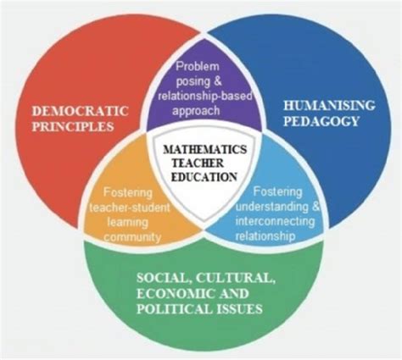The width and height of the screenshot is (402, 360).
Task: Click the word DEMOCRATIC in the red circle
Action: click(81, 111)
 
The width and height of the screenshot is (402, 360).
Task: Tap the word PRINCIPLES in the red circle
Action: click(73, 126)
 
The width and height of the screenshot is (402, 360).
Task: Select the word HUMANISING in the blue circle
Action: click(329, 106)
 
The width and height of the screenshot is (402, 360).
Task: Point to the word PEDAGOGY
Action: click(321, 121)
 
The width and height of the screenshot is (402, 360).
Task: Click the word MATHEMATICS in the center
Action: click(205, 149)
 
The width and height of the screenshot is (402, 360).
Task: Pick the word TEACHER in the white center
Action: click(198, 163)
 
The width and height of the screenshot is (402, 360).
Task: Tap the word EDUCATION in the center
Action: click(204, 177)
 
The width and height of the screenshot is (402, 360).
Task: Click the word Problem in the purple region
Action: click(198, 67)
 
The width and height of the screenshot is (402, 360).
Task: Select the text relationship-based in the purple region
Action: click(205, 96)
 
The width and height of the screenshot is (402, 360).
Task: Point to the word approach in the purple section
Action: click(196, 111)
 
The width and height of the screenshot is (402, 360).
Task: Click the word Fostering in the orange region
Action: click(128, 193)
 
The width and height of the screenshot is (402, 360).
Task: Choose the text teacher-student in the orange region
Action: click(130, 208)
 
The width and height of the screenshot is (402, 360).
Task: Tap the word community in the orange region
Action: click(131, 237)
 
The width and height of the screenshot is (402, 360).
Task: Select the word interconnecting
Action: click(275, 221)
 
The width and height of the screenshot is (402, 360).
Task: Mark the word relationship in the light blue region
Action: click(265, 236)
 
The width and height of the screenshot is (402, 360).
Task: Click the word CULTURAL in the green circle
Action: click(236, 278)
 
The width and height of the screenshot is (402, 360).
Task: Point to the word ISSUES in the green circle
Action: click(239, 309)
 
